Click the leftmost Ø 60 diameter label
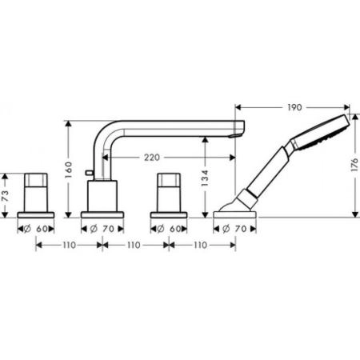pyautogui.click(x=37, y=228)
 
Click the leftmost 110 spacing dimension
pyautogui.click(x=70, y=245)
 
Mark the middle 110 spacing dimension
pyautogui.click(x=136, y=245)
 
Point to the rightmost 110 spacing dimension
pyautogui.click(x=202, y=245)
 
